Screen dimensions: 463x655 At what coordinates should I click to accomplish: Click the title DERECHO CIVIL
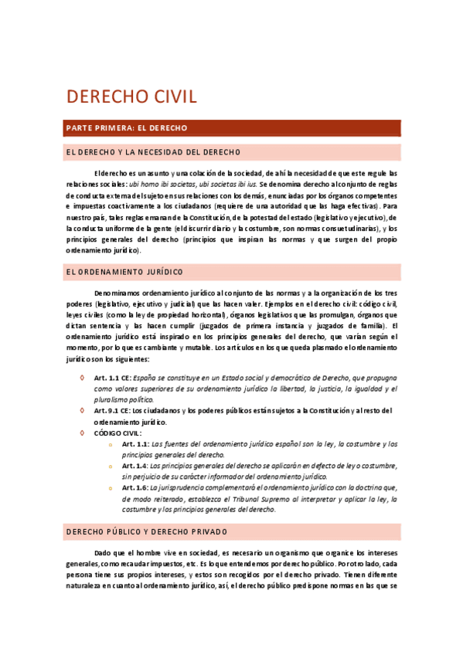[x=131, y=97]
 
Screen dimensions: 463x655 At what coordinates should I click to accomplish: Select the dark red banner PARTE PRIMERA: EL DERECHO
[x=126, y=127]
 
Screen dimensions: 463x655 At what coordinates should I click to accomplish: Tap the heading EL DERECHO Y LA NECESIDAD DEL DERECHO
[x=153, y=151]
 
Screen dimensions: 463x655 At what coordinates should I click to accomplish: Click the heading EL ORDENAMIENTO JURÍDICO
[x=124, y=272]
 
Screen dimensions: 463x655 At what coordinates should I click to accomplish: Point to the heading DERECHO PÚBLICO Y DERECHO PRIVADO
[x=147, y=532]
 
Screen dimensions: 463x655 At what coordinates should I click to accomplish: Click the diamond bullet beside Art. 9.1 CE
[x=83, y=410]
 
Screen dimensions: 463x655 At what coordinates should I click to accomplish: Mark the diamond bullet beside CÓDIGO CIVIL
[x=83, y=433]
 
